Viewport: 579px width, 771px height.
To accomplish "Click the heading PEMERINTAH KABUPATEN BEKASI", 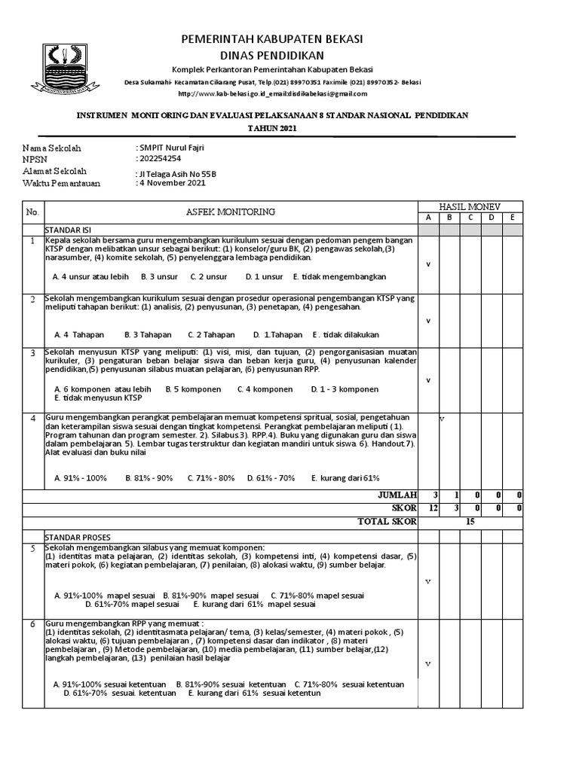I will pos(271,38).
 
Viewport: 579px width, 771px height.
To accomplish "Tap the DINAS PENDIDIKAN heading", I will pos(271,56).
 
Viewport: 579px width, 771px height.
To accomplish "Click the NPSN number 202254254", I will pos(161,160).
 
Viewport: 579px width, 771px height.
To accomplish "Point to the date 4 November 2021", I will pos(171,183).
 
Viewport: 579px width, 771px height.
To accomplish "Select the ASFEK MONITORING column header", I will pos(231,212).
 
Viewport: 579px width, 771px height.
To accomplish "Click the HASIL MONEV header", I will pos(470,206).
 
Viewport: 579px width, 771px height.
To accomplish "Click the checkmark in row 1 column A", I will pos(428,264).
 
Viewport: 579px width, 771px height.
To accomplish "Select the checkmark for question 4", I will pos(442,418).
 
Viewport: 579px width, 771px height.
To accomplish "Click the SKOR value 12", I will pos(433,508).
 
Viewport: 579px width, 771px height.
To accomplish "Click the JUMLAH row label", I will pos(397,495).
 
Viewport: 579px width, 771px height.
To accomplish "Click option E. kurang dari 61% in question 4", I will pos(347,478).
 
